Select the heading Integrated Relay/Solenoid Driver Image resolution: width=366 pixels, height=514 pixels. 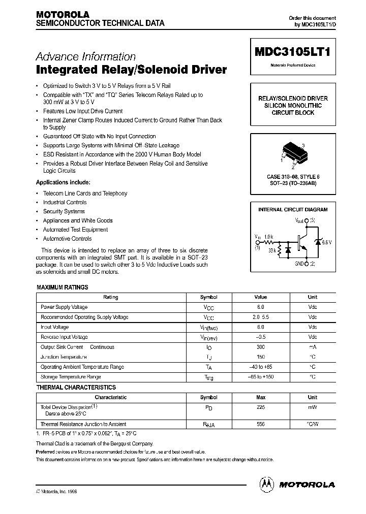[131, 70]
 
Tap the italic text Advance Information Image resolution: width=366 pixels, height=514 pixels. [85, 57]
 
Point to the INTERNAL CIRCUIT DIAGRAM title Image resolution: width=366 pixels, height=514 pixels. [293, 209]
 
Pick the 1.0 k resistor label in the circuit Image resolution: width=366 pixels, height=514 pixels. [268, 237]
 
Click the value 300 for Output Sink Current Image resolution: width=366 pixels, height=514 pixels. [260, 347]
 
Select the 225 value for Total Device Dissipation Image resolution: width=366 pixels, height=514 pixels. [260, 407]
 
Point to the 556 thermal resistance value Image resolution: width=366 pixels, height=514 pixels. [260, 424]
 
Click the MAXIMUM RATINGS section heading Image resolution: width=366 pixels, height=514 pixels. [63, 287]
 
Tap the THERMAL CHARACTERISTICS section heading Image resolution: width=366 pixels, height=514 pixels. [76, 388]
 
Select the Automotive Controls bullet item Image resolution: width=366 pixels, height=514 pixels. [67, 239]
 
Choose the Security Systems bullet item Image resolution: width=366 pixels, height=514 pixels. [64, 211]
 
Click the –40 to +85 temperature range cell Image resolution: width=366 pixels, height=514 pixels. [260, 367]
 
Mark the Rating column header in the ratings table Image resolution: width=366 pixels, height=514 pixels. [110, 297]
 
